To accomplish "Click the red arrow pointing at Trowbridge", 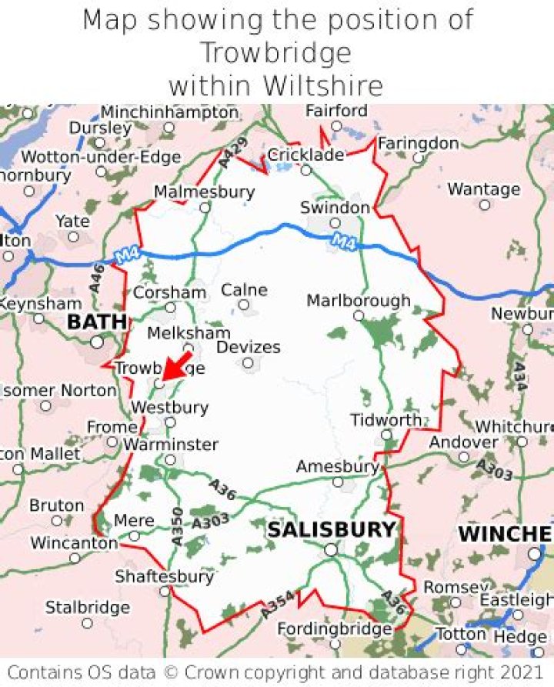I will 178,365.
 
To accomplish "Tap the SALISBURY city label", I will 331,530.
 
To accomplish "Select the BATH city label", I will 97,322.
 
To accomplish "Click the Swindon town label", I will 335,208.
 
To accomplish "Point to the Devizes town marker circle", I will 248,363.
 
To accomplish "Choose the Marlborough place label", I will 359,300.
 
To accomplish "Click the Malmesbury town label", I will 204,192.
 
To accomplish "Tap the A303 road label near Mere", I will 210,522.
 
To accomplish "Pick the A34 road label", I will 519,377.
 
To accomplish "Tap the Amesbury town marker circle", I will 338,482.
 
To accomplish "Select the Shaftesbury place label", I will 164,576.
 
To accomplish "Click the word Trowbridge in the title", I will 275,52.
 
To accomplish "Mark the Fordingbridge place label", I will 335,629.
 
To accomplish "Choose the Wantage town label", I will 484,189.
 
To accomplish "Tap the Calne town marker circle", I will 244,305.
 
